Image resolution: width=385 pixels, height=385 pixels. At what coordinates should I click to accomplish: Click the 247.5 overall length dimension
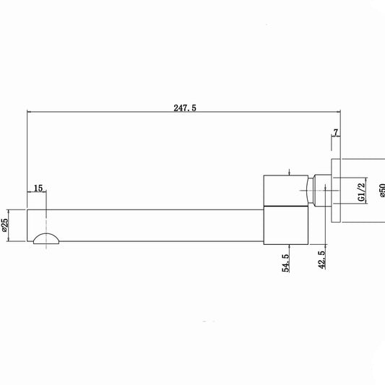[x=185, y=108]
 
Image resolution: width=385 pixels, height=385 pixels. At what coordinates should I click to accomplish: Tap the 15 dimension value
[x=38, y=189]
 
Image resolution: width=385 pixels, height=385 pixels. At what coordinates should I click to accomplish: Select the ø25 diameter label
[x=4, y=225]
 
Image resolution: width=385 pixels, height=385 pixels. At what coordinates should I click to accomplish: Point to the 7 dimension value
[x=336, y=132]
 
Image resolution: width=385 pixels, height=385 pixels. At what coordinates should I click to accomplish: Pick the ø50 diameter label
[x=382, y=190]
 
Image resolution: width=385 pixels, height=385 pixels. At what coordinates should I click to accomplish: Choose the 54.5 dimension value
[x=285, y=263]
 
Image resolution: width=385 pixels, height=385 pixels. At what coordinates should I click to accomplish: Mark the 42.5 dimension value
[x=321, y=259]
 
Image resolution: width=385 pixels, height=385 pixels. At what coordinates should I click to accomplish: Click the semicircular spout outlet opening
[x=46, y=238]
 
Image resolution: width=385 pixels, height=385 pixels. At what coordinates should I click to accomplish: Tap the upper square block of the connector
[x=286, y=190]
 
